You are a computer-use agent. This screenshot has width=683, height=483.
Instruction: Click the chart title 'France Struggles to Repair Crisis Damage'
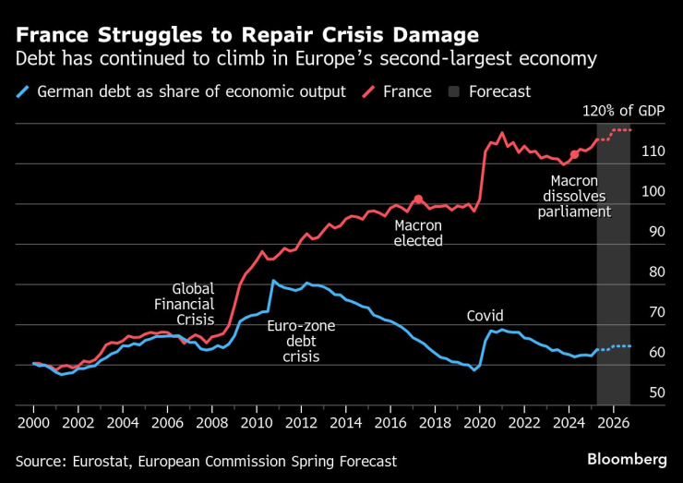(x=246, y=36)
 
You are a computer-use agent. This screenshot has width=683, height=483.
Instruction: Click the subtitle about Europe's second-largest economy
(x=306, y=60)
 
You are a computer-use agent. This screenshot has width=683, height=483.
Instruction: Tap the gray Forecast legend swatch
(x=454, y=91)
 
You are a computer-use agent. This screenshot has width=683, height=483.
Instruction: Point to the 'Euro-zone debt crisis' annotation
(x=300, y=341)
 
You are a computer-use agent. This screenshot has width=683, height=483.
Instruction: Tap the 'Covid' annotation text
(x=485, y=315)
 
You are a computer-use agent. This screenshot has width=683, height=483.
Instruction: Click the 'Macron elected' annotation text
(x=418, y=233)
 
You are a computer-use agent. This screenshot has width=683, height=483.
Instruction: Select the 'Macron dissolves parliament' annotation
(x=575, y=196)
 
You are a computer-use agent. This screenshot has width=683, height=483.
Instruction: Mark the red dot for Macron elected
(x=418, y=199)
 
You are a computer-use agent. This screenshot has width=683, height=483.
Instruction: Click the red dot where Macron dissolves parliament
(x=575, y=154)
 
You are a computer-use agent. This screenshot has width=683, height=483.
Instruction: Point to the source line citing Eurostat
(x=207, y=460)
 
